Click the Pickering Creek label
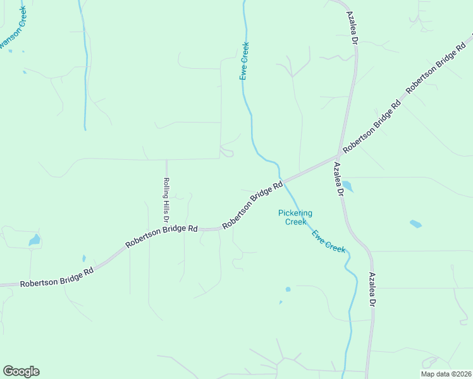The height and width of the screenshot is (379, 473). [x=295, y=217]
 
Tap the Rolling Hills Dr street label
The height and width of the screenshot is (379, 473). [x=166, y=199]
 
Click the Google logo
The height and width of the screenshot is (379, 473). [x=21, y=371]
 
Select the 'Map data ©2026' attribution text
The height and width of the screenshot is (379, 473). [x=446, y=374]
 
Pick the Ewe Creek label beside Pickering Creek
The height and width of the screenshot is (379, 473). [x=329, y=241]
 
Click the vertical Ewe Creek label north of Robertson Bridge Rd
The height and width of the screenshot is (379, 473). [x=244, y=61]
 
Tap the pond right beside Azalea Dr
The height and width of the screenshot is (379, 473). [x=347, y=186]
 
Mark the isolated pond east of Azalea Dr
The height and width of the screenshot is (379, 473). [x=415, y=224]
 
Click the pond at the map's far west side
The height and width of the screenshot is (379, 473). [x=35, y=240]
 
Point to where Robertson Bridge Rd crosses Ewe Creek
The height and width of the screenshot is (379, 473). [x=281, y=182]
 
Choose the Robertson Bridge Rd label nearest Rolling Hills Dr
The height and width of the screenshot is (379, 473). [x=161, y=236]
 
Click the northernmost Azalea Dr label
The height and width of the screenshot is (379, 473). [x=350, y=27]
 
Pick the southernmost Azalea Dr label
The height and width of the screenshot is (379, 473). [x=373, y=291]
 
